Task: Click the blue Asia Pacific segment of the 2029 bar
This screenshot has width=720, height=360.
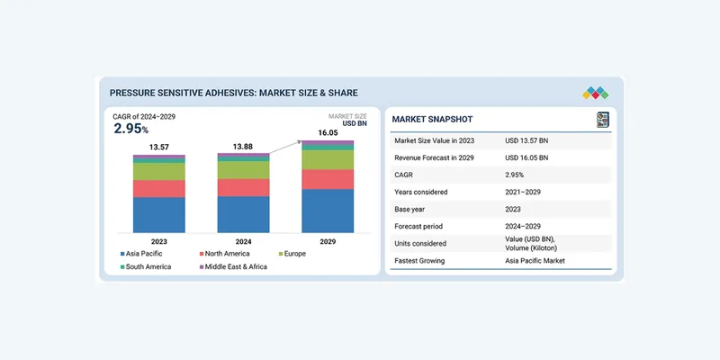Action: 328,211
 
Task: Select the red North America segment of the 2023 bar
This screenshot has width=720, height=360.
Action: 159,188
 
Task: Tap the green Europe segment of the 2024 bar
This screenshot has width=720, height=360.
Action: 243,169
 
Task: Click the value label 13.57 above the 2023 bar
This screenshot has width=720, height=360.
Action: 159,147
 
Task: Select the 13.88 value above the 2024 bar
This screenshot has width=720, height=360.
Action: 243,146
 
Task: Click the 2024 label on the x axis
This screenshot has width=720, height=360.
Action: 243,241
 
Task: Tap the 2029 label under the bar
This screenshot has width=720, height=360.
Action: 328,241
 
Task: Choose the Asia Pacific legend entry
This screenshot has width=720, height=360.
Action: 143,255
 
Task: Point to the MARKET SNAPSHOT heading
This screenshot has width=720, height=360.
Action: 433,120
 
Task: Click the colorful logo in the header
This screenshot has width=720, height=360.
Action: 595,92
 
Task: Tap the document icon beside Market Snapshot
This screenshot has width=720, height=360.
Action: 602,120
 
